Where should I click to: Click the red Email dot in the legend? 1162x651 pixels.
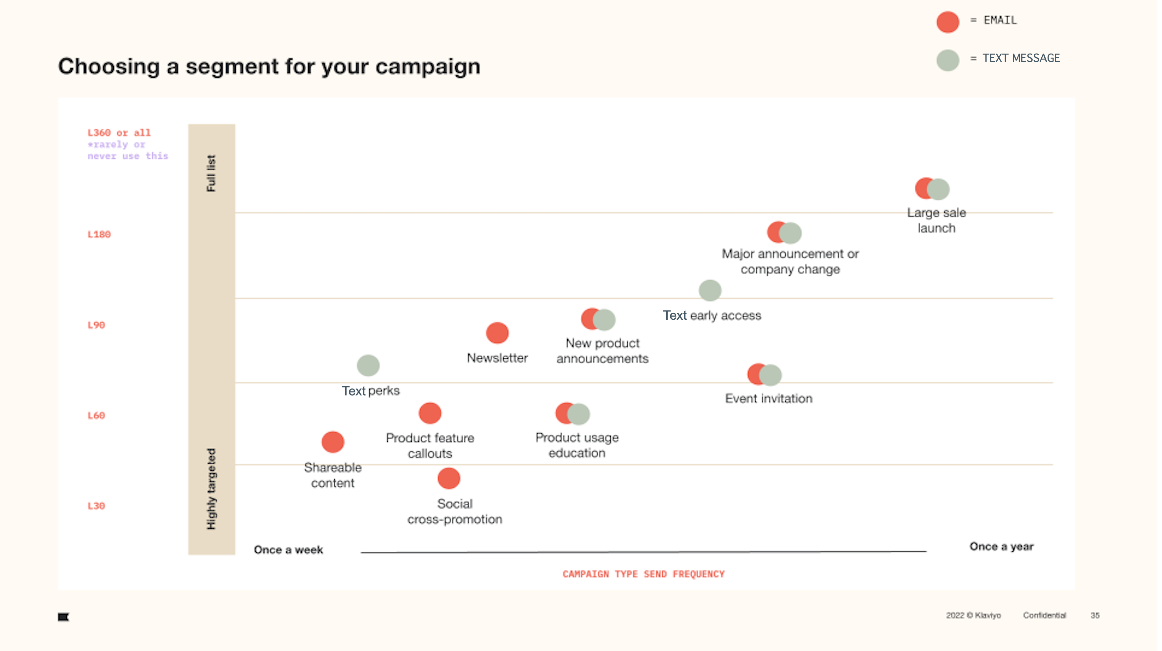[947, 21]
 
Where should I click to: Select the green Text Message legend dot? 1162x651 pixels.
[947, 60]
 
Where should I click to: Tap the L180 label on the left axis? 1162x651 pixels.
[99, 234]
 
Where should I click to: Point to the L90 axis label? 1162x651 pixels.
[96, 325]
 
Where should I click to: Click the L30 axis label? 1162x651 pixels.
[96, 506]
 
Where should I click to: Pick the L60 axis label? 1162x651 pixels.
[96, 415]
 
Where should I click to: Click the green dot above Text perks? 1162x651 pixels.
[368, 365]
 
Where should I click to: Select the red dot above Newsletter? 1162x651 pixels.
[497, 333]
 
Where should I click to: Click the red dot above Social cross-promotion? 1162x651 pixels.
[449, 478]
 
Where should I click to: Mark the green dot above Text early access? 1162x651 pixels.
[710, 290]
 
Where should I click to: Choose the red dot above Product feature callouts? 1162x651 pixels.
[430, 413]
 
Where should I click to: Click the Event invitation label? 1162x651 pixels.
[768, 398]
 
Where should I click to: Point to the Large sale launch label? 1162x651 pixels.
[936, 220]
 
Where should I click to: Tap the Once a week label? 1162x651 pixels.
[288, 549]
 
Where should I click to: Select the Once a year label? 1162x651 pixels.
[1001, 546]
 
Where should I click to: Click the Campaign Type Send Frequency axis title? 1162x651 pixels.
[643, 574]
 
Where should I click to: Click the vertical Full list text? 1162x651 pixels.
[211, 173]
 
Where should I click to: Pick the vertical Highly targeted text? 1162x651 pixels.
[211, 489]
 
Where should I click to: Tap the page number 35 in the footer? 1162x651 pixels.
[1095, 615]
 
